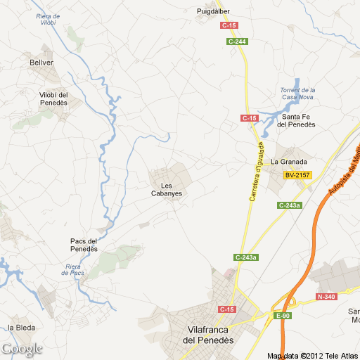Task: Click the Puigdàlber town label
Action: click(x=212, y=11)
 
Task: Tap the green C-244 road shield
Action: click(x=238, y=41)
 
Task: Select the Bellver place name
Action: click(x=41, y=63)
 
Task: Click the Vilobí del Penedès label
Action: click(x=53, y=98)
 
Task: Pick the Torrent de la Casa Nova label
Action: click(x=297, y=94)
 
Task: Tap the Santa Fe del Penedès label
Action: click(x=296, y=120)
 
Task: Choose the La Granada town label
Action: click(x=289, y=161)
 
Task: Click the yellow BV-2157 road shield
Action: click(x=297, y=174)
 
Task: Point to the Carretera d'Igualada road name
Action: click(x=256, y=172)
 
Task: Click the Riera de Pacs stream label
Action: click(x=74, y=269)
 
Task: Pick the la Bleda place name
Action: click(x=21, y=328)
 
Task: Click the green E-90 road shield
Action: click(x=283, y=316)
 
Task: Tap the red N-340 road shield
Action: click(x=326, y=297)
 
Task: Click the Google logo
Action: click(x=22, y=349)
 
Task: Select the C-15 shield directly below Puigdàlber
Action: click(x=229, y=25)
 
